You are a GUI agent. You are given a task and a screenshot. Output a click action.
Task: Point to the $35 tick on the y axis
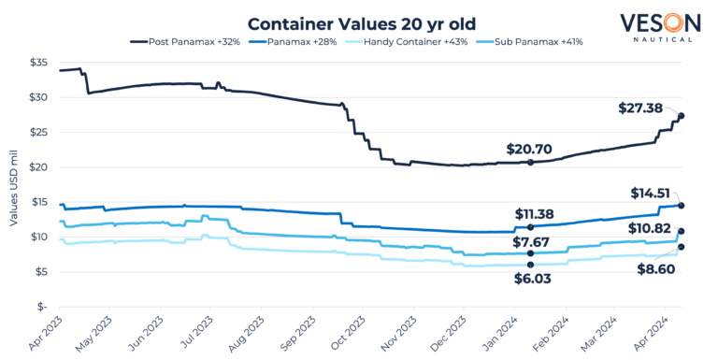pos(38,63)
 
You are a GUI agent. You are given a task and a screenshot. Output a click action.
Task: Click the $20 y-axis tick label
pos(38,167)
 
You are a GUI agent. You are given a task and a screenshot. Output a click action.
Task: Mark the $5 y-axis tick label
pos(41,272)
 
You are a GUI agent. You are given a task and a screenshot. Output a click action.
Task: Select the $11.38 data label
pos(536,213)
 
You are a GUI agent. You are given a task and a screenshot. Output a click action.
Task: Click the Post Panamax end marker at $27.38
pos(682,116)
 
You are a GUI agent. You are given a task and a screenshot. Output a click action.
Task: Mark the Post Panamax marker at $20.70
pos(530,163)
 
